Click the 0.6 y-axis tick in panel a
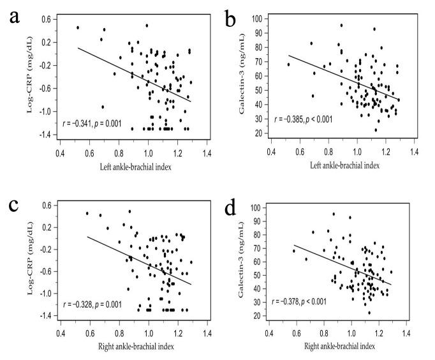tap(48, 19)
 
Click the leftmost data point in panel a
tap(78, 27)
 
